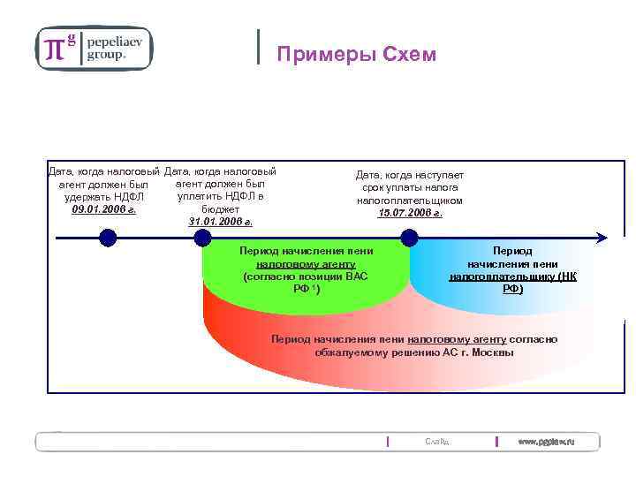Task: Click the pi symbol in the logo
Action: pyautogui.click(x=55, y=49)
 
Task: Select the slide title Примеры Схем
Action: pyautogui.click(x=356, y=55)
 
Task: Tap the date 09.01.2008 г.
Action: pyautogui.click(x=103, y=210)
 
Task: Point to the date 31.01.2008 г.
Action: pyautogui.click(x=220, y=222)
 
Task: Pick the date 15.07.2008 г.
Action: pyautogui.click(x=410, y=213)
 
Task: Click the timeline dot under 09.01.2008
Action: pyautogui.click(x=108, y=237)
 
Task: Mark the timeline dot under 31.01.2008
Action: pyautogui.click(x=202, y=237)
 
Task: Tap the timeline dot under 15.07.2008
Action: pyautogui.click(x=409, y=237)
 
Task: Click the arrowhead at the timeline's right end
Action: pyautogui.click(x=602, y=237)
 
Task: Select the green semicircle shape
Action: pyautogui.click(x=305, y=274)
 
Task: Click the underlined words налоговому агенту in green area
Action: pyautogui.click(x=306, y=264)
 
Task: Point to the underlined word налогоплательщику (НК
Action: pyautogui.click(x=512, y=276)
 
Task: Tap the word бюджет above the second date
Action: pyautogui.click(x=220, y=209)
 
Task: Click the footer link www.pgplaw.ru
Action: pyautogui.click(x=545, y=441)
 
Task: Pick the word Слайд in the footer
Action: pyautogui.click(x=436, y=441)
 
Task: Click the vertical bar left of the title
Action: pyautogui.click(x=258, y=47)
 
